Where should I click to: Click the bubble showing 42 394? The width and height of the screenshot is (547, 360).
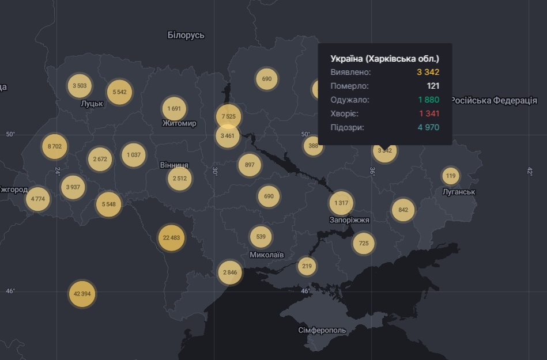tap(82, 294)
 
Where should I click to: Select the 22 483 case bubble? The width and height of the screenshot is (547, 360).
tap(172, 238)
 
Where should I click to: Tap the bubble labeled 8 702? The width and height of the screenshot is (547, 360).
tap(55, 146)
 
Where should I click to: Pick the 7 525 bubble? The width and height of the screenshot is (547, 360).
tap(228, 116)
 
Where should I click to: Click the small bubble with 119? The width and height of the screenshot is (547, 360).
tap(451, 176)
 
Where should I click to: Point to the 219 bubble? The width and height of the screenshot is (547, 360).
tap(307, 266)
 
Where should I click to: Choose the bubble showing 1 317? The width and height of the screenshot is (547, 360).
tap(342, 203)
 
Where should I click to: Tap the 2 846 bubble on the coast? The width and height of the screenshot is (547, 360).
tap(229, 272)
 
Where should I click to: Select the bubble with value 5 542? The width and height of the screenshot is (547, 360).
tap(119, 92)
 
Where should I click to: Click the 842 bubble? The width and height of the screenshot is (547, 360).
tap(403, 210)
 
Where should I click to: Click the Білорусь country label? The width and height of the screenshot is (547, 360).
tap(186, 35)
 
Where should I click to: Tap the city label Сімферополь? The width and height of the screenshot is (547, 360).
tap(322, 331)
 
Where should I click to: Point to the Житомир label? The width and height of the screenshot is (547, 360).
tap(179, 123)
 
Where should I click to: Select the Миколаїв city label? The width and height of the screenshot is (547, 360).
tap(266, 254)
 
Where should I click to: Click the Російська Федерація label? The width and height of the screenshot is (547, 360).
tap(493, 100)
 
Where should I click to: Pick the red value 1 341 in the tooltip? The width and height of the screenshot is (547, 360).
tap(429, 113)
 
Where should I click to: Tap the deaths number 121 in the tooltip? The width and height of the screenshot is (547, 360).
tap(433, 86)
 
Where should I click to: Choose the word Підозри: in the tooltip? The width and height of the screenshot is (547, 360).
tap(348, 127)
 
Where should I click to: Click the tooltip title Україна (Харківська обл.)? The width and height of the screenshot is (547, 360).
tap(384, 58)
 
